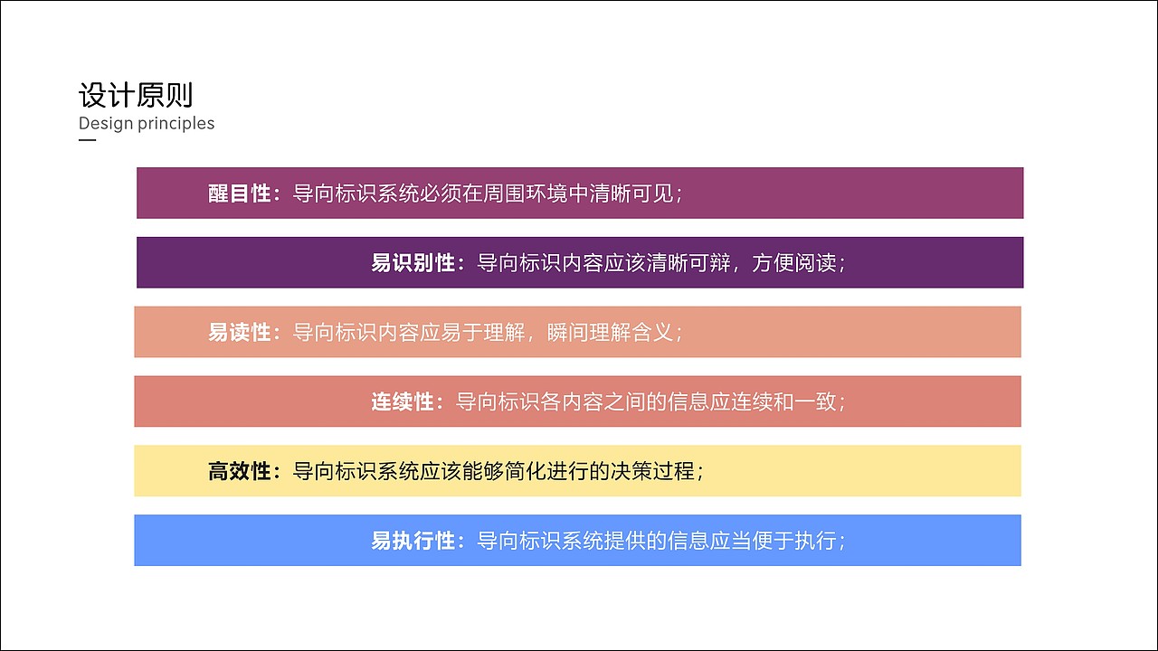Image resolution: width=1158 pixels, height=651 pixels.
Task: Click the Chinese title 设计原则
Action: tap(136, 96)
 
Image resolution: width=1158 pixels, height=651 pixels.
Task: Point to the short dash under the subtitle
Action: tap(87, 140)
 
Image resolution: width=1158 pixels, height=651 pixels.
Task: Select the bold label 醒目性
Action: tap(240, 193)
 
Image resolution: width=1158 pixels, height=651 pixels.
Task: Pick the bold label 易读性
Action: tap(240, 332)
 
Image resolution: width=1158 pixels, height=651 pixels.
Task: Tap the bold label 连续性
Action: tap(403, 401)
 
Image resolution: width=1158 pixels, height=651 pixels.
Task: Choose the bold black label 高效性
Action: tap(240, 471)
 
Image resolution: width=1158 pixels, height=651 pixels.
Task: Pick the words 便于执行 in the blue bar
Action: tap(794, 541)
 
